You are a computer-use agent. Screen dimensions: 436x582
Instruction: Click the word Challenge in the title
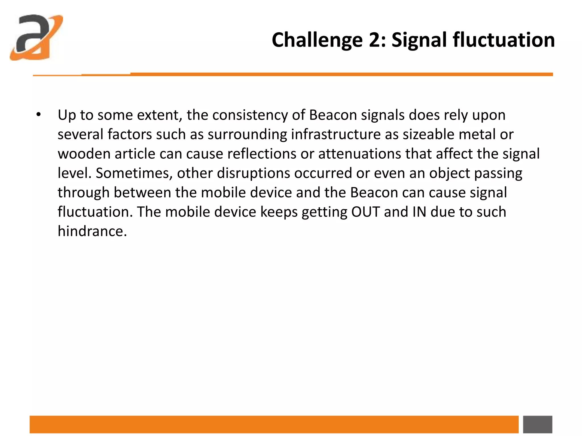[317, 40]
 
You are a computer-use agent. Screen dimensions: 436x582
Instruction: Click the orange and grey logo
[36, 37]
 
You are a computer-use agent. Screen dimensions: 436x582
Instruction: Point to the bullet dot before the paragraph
[39, 115]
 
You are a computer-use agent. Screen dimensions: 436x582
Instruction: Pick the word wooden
[84, 154]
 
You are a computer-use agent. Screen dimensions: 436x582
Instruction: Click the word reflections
[262, 154]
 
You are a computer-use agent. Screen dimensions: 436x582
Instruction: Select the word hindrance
[92, 231]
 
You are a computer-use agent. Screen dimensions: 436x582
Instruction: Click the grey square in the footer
[537, 424]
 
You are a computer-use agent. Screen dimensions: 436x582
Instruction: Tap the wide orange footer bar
[274, 424]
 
